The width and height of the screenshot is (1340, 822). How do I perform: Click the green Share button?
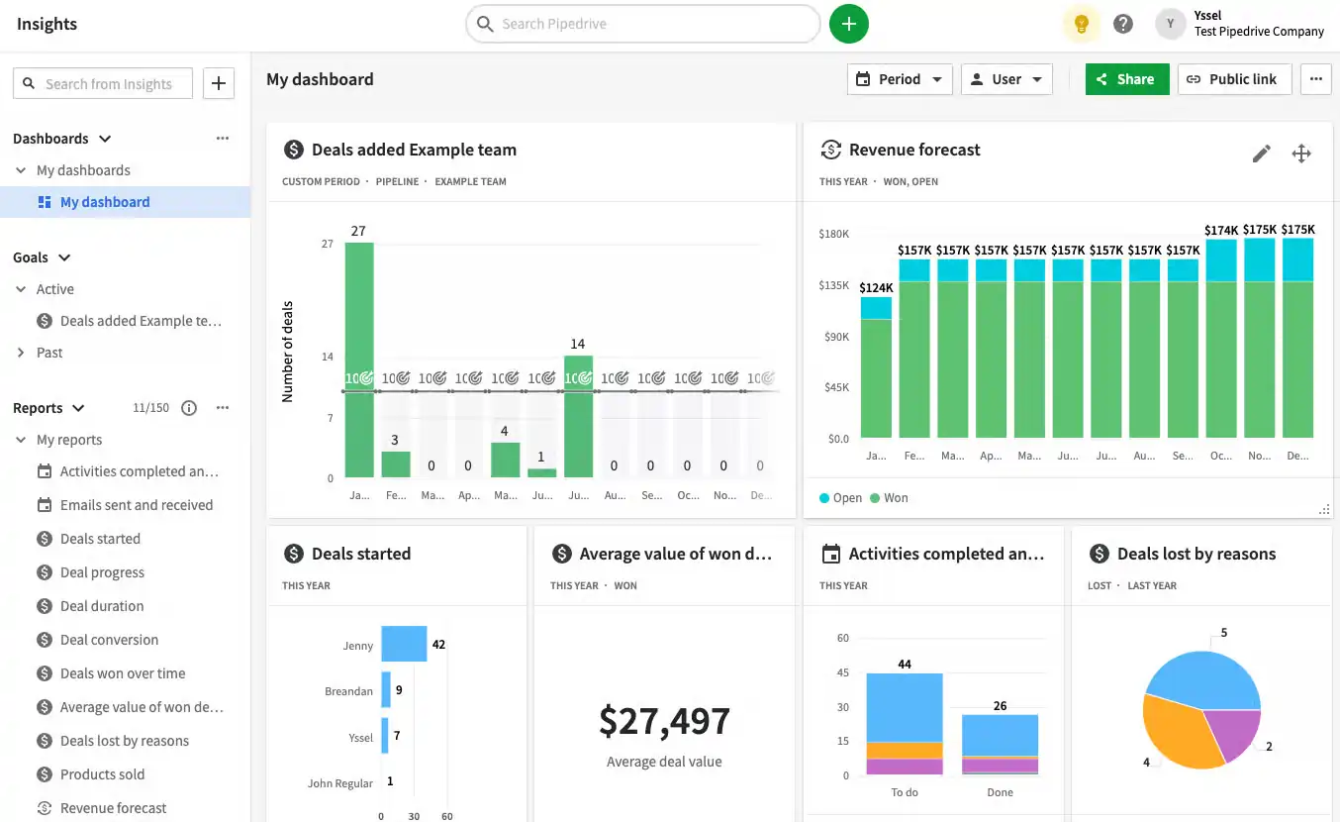coord(1126,79)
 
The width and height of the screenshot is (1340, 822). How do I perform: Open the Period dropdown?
coord(899,79)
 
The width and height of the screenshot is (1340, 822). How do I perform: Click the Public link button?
coord(1233,79)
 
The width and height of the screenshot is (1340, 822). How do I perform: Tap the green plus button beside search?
coord(848,24)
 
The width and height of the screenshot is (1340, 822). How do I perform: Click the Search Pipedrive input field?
coord(643,24)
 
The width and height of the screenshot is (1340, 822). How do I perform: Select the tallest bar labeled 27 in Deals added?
coord(358,357)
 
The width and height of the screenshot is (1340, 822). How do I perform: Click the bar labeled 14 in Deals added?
coord(578,416)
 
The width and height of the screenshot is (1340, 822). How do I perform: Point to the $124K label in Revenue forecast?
coord(876,288)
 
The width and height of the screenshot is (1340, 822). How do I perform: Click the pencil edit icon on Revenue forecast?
coord(1261,154)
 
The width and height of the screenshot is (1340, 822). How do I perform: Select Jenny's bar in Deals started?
coord(404,644)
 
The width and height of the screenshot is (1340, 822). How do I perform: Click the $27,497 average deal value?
coord(664,722)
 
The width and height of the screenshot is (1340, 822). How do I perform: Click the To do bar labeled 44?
coord(904,707)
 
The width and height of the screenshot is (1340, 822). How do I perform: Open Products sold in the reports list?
coord(102,774)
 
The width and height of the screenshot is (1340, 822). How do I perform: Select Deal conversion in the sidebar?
coord(109,640)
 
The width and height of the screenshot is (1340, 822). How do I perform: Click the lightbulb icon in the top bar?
coord(1081,24)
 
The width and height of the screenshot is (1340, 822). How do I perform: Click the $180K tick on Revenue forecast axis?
coord(833,234)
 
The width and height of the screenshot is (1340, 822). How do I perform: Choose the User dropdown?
coord(1005,79)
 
